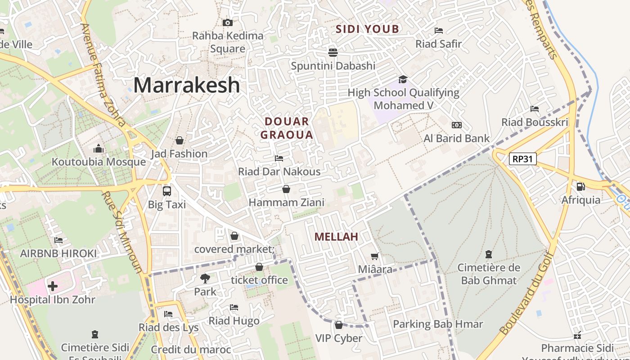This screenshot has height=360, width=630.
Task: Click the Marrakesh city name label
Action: tap(186, 85)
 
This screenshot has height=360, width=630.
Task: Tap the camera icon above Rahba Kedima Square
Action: tap(228, 22)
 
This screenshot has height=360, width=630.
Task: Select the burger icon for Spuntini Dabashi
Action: tap(333, 52)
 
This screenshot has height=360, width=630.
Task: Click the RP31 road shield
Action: tap(523, 158)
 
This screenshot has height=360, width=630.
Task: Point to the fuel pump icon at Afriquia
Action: tap(580, 186)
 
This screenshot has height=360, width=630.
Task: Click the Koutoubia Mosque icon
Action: tap(99, 148)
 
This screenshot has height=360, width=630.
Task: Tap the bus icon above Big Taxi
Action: tap(167, 191)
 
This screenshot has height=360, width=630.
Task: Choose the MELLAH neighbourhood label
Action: tap(336, 237)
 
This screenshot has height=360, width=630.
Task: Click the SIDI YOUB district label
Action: tap(368, 29)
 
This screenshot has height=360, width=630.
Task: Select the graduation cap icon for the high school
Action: tap(403, 79)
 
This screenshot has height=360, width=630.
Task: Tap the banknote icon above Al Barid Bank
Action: tap(456, 125)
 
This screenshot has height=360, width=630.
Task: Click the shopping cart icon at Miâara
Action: tap(374, 256)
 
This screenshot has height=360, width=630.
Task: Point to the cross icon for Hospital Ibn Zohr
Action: tap(53, 286)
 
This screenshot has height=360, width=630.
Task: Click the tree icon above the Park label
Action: tap(205, 278)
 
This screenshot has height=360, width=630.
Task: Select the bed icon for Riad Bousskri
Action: tap(535, 109)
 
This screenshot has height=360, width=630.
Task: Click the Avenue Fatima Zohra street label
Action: tap(103, 75)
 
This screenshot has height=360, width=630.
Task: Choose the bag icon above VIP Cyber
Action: tap(339, 325)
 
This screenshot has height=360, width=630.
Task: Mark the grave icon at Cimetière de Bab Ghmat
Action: tap(489, 254)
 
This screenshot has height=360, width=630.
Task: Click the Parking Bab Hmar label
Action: tap(438, 324)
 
